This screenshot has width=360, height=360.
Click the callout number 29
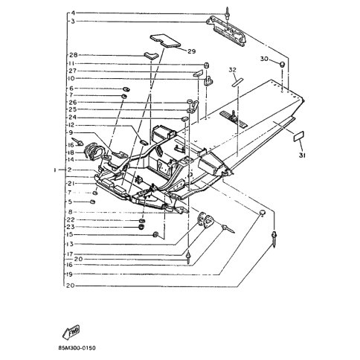click(x=191, y=51)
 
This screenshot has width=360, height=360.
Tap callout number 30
click(x=265, y=58)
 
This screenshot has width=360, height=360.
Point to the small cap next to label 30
click(x=283, y=66)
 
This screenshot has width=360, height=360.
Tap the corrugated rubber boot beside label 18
click(x=94, y=151)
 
